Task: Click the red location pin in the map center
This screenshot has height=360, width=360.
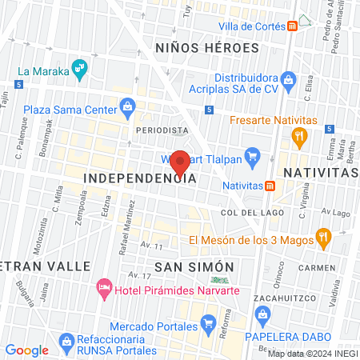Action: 181,162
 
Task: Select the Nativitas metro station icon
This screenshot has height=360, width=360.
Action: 270,186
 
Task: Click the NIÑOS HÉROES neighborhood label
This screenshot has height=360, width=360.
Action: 207,48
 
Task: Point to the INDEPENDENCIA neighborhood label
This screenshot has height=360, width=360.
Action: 140,178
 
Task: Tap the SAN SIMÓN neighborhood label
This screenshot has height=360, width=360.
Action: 194,266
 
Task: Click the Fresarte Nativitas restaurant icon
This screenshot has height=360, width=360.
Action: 299,135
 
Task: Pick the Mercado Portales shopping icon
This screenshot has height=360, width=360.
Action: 208,326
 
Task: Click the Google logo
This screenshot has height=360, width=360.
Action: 26,350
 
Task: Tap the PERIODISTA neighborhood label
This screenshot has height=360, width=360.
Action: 162,129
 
